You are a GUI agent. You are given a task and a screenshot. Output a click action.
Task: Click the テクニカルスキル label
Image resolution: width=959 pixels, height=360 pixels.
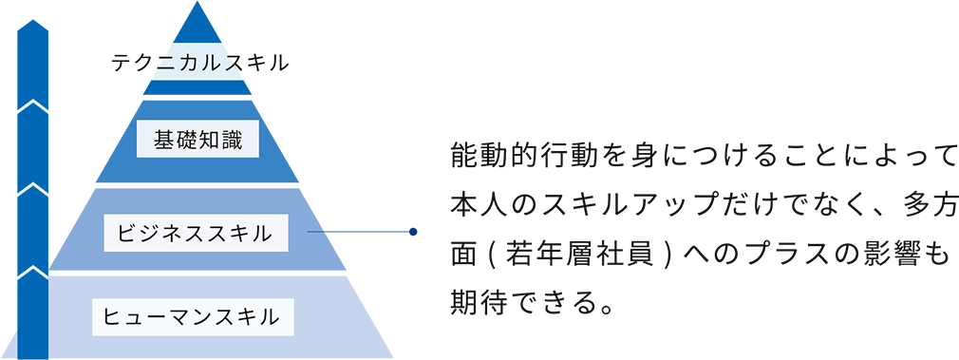coord(199,64)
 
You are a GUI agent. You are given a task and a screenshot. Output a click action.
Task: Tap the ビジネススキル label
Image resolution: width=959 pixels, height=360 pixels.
coord(196,231)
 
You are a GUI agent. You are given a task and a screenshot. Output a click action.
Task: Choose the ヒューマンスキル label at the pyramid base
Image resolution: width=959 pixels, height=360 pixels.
coord(192,316)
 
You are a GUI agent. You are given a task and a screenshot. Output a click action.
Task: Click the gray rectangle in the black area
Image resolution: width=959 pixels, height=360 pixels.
coord(912,327)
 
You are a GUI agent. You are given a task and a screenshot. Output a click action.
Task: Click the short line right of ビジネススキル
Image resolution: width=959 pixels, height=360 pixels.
coord(316,231)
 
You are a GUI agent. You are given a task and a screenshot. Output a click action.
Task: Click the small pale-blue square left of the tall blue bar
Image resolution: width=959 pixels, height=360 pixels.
coord(8,344)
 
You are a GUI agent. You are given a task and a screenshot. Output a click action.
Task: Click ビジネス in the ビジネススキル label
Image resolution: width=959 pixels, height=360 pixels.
coord(157,231)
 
